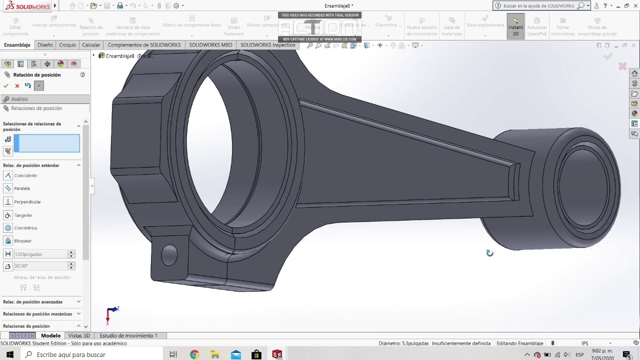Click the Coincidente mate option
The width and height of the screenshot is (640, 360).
point(25,175)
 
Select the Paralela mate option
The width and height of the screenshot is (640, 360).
point(21,188)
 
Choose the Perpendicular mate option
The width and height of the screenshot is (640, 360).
point(27,202)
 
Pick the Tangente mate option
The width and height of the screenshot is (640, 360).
point(22,215)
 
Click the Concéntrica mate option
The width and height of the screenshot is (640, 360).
point(25,228)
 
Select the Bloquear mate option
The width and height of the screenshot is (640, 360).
point(22,241)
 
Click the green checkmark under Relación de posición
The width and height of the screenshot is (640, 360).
point(6,86)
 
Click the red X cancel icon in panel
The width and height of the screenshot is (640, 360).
point(17,86)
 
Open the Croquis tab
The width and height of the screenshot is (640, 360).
point(67,45)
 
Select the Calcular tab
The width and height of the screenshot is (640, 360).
point(91,45)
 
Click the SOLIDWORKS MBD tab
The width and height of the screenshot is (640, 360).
point(210,45)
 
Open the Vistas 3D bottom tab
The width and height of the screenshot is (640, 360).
point(79,335)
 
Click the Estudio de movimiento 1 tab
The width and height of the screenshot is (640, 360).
point(128,335)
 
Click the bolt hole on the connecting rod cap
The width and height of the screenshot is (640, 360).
point(169,255)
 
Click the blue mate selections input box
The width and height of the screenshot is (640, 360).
point(46,143)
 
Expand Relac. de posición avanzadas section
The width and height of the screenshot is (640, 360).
point(78,302)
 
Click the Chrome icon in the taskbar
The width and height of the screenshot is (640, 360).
point(194,354)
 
